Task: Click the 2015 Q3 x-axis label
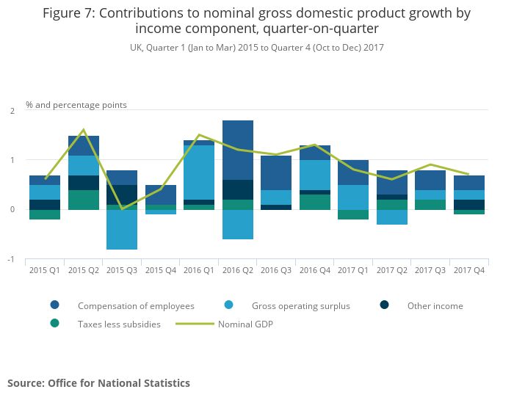click(122, 270)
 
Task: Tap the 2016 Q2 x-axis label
click(237, 270)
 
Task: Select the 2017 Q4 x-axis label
click(468, 270)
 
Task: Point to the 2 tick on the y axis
click(12, 111)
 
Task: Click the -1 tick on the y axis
click(11, 259)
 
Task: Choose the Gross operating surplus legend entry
click(300, 305)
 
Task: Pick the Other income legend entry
click(435, 305)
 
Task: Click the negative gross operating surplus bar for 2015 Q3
click(122, 230)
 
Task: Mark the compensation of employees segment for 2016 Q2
click(237, 150)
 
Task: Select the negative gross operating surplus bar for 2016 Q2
click(237, 225)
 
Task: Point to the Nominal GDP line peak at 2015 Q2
click(84, 130)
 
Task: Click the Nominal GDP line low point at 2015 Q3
click(122, 209)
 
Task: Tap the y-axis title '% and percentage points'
click(76, 105)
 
